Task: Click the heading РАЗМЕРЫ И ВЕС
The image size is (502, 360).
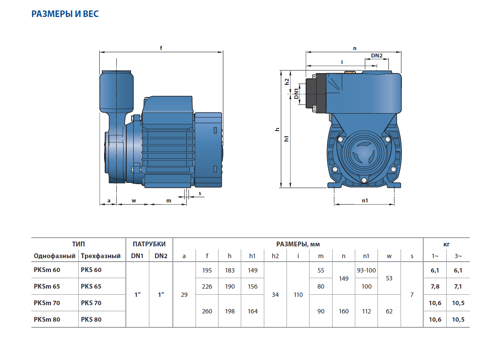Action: (65, 14)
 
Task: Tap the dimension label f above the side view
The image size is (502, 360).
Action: (161, 48)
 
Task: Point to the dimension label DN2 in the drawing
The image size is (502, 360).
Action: (377, 56)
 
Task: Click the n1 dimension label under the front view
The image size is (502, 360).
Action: (365, 201)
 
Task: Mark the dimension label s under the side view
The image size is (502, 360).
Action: (200, 193)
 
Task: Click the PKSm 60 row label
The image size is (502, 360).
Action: (47, 270)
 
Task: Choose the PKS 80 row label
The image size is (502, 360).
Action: (91, 320)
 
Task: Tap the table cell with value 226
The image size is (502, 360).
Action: (207, 286)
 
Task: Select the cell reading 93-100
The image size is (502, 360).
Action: (366, 270)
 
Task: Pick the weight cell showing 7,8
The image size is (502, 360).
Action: (435, 286)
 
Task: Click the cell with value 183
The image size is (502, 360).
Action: (230, 270)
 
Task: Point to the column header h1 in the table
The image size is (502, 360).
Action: (253, 256)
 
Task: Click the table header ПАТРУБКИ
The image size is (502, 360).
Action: (149, 244)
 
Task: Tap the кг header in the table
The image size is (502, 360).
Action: (446, 244)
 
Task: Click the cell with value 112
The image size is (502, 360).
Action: (366, 311)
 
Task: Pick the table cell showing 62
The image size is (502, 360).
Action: (389, 311)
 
